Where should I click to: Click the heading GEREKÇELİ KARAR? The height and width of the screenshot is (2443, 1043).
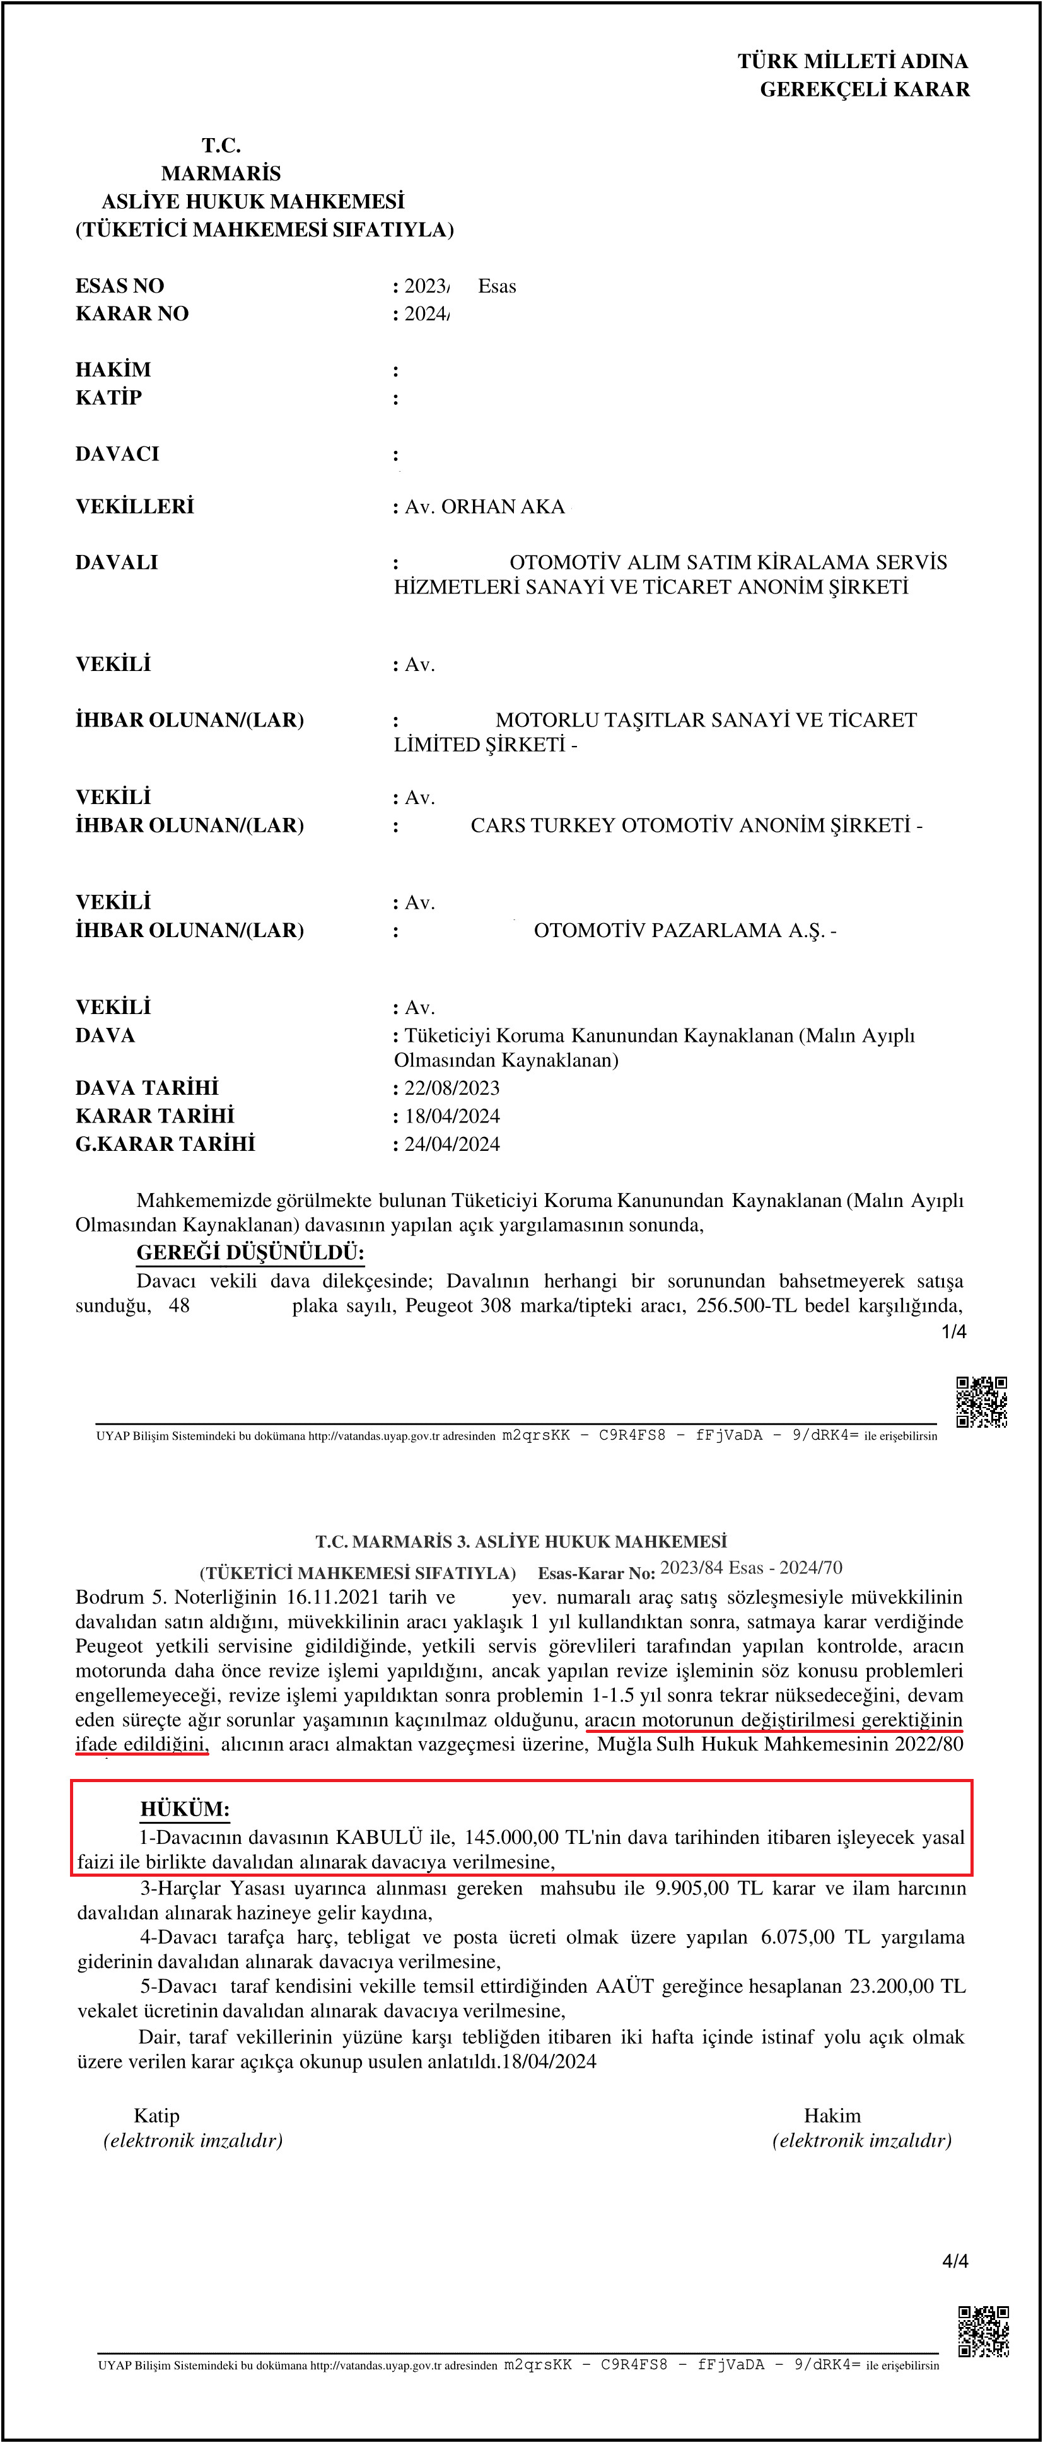pyautogui.click(x=864, y=89)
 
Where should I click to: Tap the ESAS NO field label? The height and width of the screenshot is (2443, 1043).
pyautogui.click(x=119, y=286)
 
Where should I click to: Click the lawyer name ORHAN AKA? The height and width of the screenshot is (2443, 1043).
pyautogui.click(x=503, y=506)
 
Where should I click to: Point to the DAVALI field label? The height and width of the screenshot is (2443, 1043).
pyautogui.click(x=117, y=561)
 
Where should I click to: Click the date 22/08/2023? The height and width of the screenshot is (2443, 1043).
pyautogui.click(x=452, y=1088)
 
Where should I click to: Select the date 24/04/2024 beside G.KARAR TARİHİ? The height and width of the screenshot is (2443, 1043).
pyautogui.click(x=452, y=1144)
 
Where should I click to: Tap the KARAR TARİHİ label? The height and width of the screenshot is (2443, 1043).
pyautogui.click(x=154, y=1116)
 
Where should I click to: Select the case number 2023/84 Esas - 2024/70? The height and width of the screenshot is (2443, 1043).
pyautogui.click(x=751, y=1568)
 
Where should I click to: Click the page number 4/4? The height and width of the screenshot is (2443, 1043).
pyautogui.click(x=955, y=2261)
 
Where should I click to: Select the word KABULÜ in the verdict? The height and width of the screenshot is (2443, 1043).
pyautogui.click(x=378, y=1837)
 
